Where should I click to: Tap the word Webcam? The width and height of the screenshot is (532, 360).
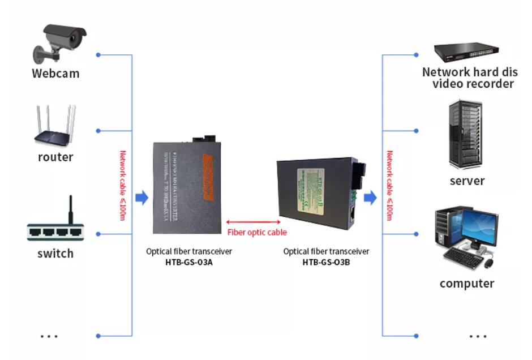[x=55, y=73]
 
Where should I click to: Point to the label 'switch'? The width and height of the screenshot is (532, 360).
[x=55, y=254]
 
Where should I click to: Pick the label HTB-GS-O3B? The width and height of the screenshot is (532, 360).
[x=326, y=262]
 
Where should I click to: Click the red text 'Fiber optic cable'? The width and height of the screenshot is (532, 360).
[x=257, y=232]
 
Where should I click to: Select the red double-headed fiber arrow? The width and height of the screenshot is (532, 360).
[x=253, y=222]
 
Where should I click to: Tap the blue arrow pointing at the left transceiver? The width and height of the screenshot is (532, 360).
[x=142, y=197]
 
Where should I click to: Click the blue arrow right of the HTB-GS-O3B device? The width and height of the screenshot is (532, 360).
[x=370, y=197]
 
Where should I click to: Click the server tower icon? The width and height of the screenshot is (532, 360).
[x=466, y=134]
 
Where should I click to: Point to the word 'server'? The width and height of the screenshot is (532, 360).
[x=467, y=181]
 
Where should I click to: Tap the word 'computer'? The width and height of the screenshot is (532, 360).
[x=467, y=284]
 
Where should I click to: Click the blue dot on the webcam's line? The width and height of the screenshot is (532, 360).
[x=98, y=55]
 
